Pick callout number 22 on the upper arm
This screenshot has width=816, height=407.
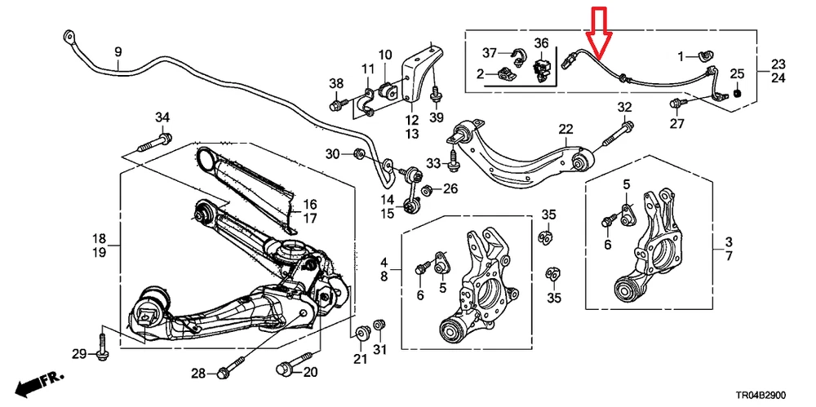565,130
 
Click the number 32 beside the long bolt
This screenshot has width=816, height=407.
624,108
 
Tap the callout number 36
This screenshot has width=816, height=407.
542,42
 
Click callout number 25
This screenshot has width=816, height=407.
737,74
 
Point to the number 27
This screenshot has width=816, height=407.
677,123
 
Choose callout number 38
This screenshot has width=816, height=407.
336,84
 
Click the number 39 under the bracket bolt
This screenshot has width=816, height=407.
437,118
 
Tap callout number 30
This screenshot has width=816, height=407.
333,154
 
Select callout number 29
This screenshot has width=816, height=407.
79,353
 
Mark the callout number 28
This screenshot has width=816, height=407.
198,374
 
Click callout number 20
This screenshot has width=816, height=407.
309,374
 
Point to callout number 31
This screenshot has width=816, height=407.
379,351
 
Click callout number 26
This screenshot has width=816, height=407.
450,190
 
